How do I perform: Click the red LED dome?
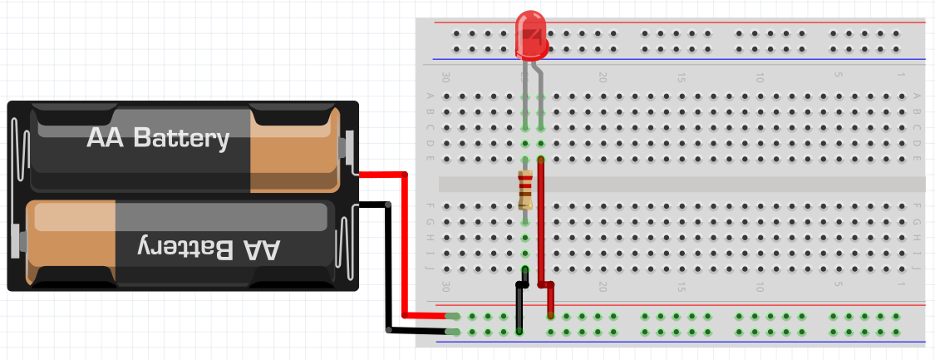(531, 35)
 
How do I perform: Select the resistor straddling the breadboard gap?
(524, 190)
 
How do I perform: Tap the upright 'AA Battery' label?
(158, 138)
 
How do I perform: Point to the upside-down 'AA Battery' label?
(208, 249)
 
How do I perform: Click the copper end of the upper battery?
(294, 150)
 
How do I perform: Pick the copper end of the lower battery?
(71, 242)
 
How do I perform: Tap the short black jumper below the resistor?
(522, 300)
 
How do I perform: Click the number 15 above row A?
(681, 77)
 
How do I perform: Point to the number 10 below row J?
(759, 288)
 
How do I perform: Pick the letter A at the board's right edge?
(917, 96)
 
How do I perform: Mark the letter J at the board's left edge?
(430, 269)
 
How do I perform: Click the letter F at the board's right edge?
(917, 206)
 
